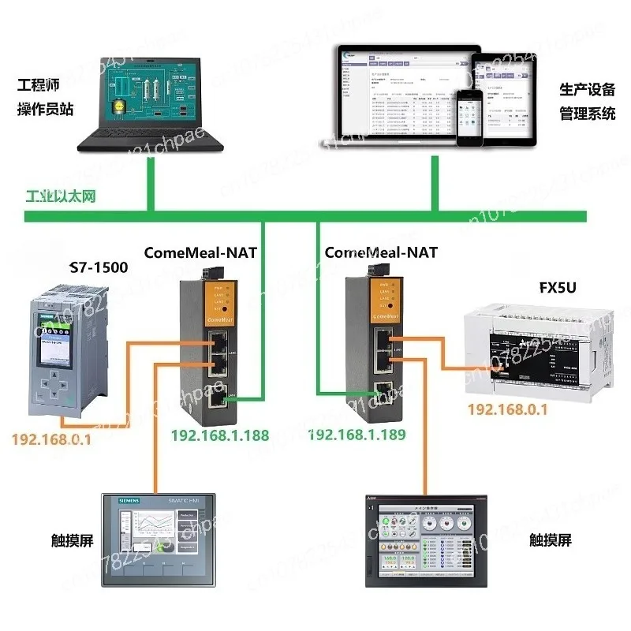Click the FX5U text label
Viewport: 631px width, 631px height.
[x=559, y=288]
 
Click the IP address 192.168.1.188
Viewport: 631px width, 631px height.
[x=220, y=435]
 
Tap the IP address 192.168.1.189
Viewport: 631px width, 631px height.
[x=356, y=435]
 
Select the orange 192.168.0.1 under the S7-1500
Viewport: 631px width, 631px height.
[x=51, y=439]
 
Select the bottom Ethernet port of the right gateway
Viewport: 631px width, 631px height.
[x=383, y=389]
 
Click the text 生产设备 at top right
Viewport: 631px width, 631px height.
[x=587, y=90]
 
